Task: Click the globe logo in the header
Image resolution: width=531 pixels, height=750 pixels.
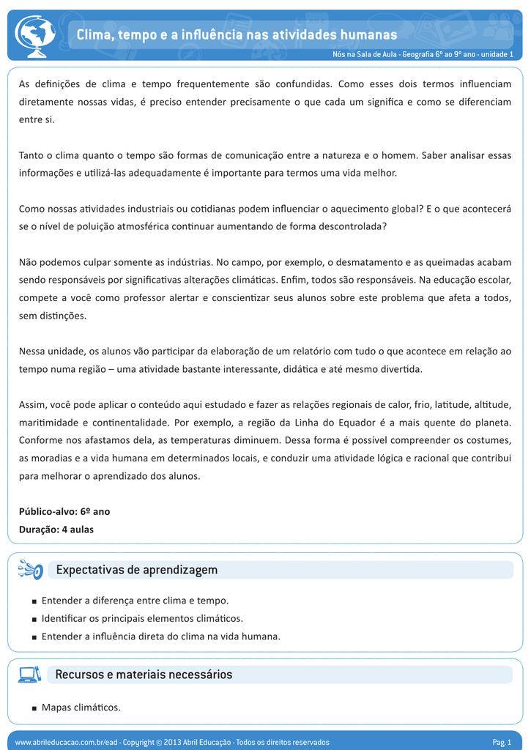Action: coord(35,36)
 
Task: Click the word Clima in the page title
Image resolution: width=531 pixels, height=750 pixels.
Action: coord(94,34)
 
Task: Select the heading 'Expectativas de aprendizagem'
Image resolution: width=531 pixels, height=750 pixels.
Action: coord(137,570)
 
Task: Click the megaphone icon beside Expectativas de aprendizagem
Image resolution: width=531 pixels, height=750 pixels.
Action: coord(31,570)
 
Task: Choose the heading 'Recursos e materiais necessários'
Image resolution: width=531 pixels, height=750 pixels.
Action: coord(144,675)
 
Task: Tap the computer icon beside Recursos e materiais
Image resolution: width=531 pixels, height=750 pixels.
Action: coord(29,675)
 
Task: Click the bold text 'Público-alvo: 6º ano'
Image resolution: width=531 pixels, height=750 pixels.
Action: coord(64,511)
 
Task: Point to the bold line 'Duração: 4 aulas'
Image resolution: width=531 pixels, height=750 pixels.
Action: coord(56,529)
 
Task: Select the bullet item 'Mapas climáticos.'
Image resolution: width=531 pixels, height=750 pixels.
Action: coord(81,708)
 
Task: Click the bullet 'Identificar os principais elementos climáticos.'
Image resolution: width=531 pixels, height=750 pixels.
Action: coord(142,618)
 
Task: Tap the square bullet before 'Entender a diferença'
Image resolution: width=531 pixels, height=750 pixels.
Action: coord(34,601)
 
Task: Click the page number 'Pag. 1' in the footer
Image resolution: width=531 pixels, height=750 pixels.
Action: coord(502,742)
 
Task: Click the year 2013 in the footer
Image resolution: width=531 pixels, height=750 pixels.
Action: coord(172,742)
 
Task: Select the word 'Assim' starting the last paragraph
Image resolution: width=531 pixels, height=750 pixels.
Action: coord(31,404)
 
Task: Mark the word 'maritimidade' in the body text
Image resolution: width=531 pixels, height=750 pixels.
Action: coord(45,423)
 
